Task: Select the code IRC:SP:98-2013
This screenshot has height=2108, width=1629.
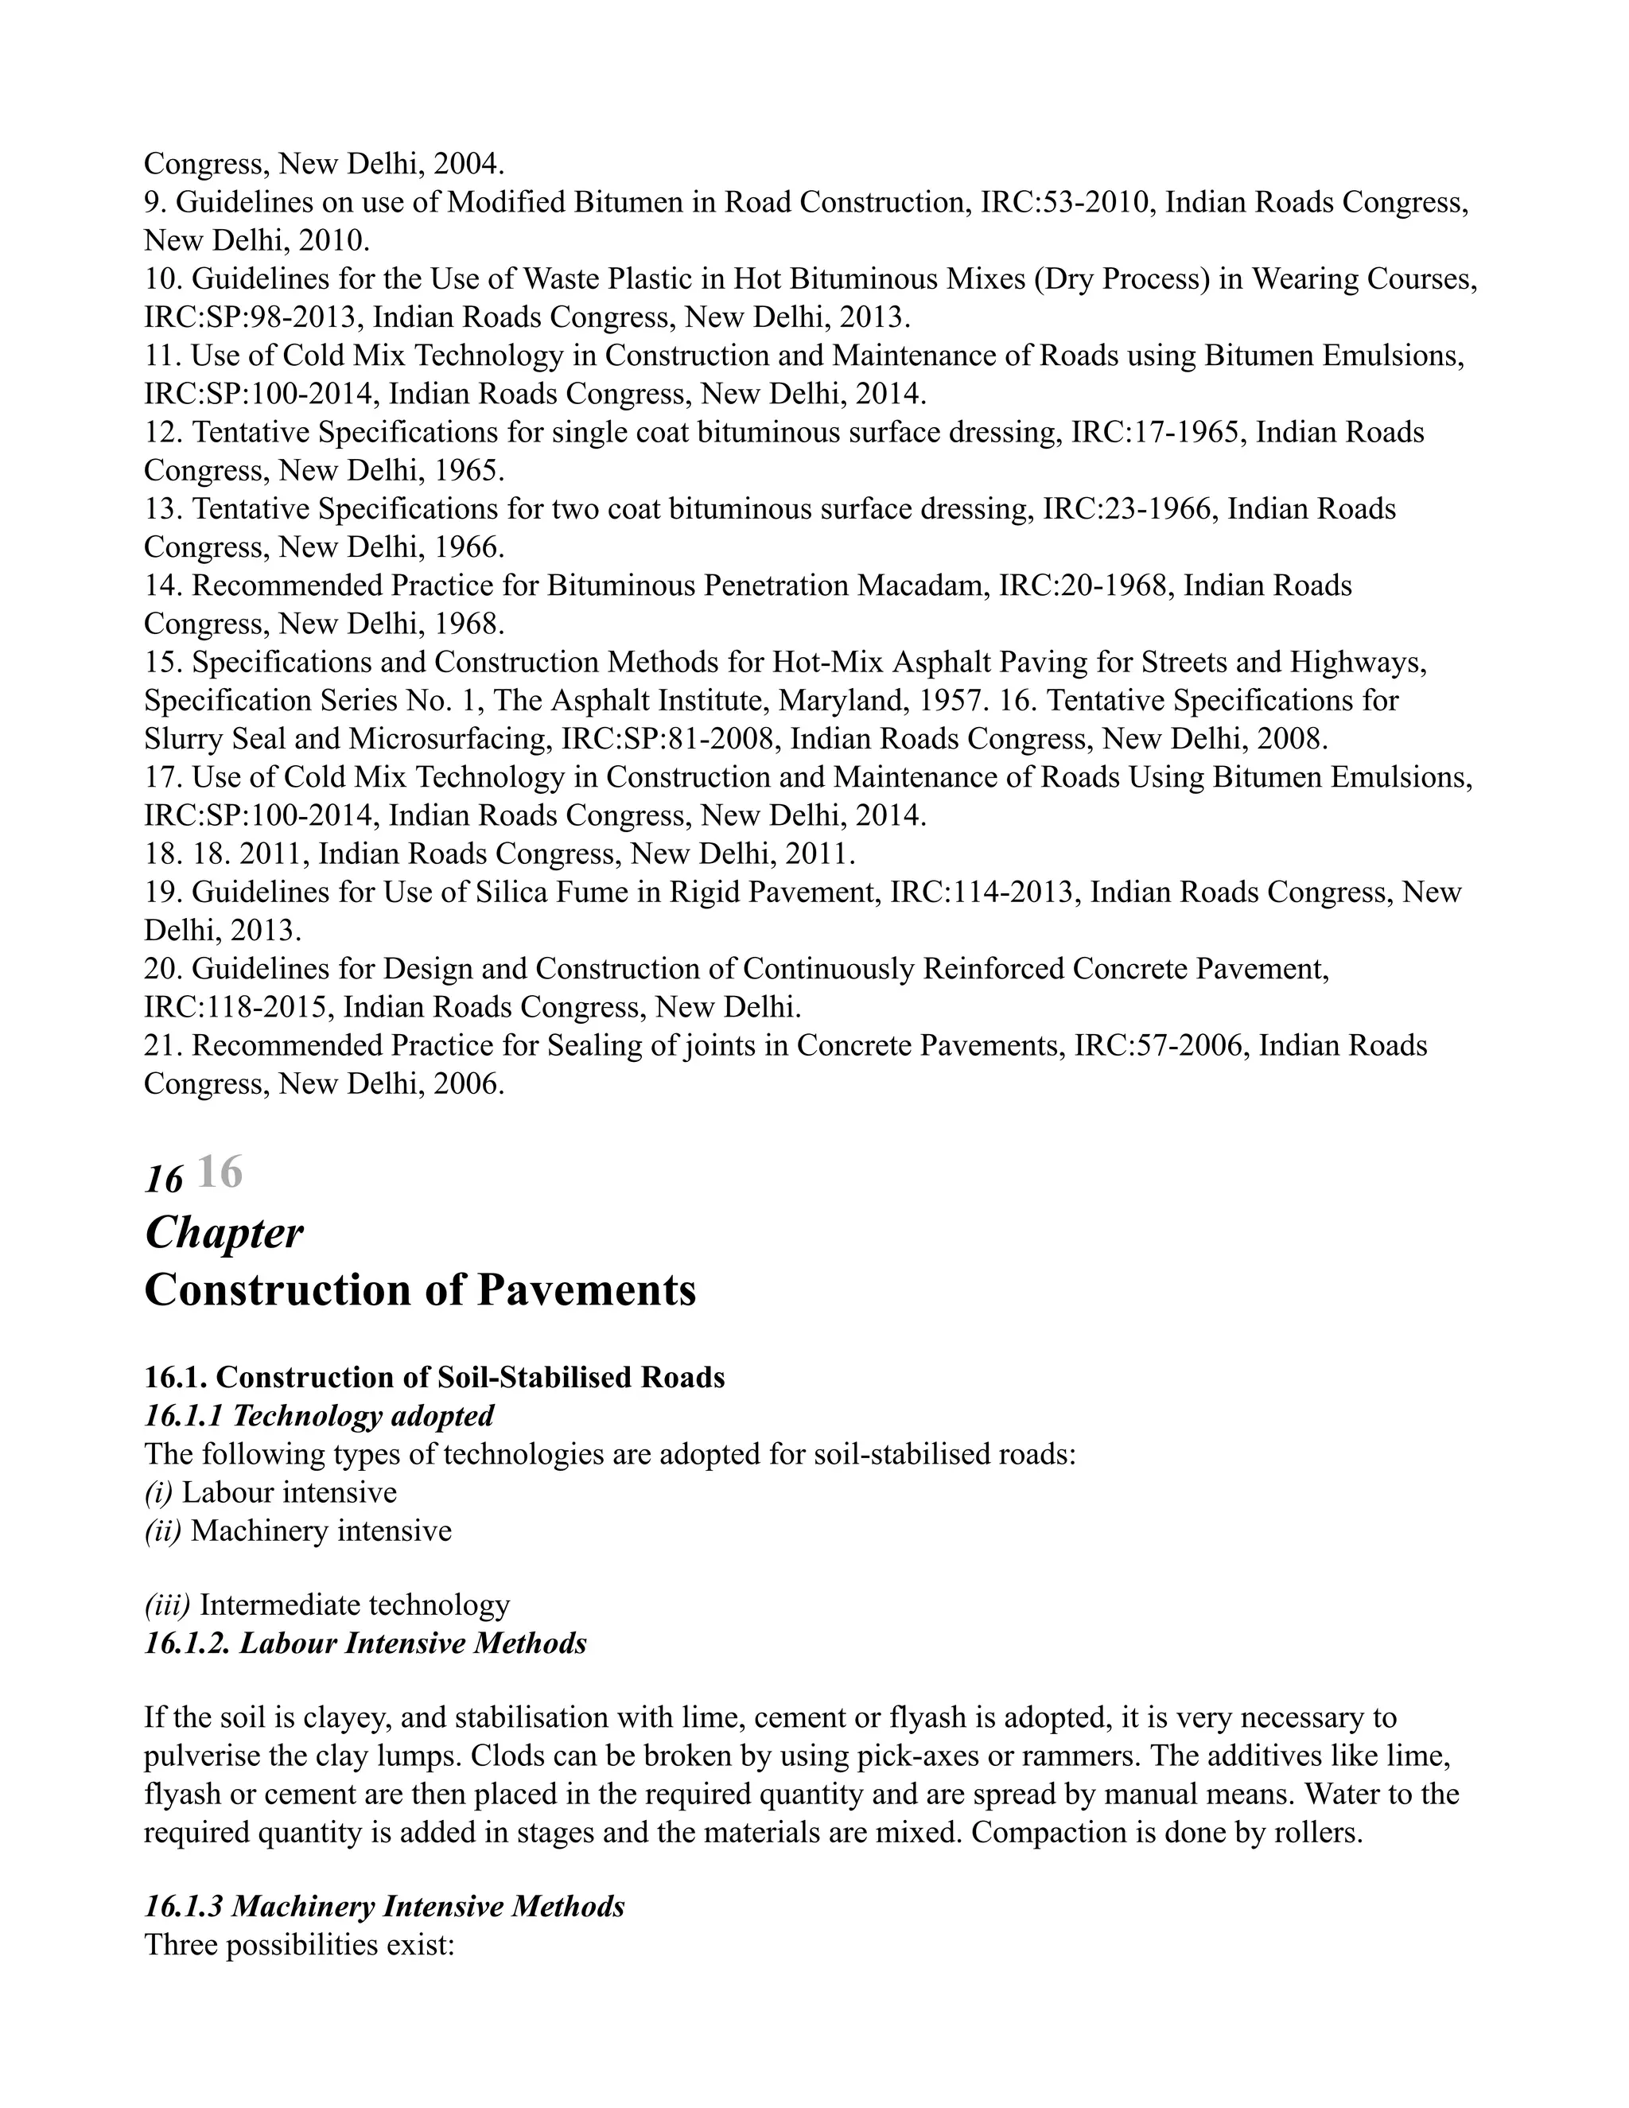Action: click(254, 317)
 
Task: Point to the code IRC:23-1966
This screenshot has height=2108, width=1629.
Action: click(1126, 508)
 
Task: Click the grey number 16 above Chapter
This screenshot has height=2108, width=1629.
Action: click(220, 1173)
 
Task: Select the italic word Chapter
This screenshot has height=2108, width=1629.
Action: click(224, 1234)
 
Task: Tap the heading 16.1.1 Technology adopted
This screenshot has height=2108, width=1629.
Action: click(320, 1416)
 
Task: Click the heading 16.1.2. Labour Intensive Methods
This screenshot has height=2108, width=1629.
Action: click(366, 1643)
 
